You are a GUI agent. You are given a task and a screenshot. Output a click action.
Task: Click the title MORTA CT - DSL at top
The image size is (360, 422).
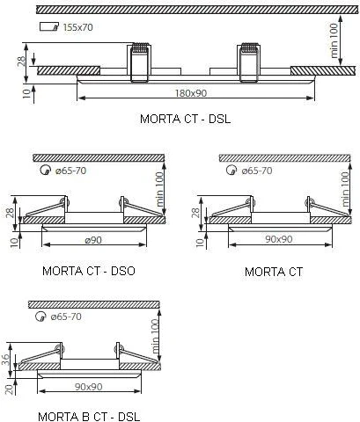click(x=185, y=119)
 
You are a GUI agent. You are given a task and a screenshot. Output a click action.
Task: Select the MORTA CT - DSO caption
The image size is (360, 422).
click(x=89, y=271)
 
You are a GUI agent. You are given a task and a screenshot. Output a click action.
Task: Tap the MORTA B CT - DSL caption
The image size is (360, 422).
click(x=89, y=417)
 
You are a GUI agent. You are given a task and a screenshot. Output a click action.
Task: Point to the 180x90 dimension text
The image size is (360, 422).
click(x=191, y=93)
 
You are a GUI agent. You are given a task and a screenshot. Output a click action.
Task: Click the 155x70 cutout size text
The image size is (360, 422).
click(x=78, y=27)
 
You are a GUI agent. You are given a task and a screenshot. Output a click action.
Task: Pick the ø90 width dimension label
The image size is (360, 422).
click(x=93, y=240)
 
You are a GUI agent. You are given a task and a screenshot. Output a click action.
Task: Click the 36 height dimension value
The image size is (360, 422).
click(x=6, y=360)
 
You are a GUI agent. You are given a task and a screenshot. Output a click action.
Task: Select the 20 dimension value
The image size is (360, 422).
click(x=10, y=389)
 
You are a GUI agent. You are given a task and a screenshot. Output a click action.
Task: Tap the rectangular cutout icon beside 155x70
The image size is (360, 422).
click(x=49, y=26)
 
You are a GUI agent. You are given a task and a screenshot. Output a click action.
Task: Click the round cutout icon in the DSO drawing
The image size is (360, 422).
click(x=44, y=171)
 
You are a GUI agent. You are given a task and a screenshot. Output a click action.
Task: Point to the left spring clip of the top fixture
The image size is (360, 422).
click(x=139, y=62)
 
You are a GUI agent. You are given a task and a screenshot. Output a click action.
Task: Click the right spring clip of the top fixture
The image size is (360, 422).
click(x=249, y=62)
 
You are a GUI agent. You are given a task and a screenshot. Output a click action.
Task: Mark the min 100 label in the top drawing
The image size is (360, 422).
click(x=334, y=40)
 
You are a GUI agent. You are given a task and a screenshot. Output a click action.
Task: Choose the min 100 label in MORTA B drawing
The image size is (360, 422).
click(x=155, y=337)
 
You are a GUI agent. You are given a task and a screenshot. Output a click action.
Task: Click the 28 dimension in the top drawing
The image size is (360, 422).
click(x=21, y=61)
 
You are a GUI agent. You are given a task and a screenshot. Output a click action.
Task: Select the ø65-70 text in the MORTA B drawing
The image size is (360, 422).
click(x=66, y=316)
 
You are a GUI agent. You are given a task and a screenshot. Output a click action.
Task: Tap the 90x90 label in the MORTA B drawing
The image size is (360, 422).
click(x=89, y=387)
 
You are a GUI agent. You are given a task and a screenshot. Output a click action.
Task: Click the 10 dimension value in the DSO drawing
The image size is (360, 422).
click(x=14, y=243)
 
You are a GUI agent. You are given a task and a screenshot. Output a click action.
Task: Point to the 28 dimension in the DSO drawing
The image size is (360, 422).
click(x=11, y=213)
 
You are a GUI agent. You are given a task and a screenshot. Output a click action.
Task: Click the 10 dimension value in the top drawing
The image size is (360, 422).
click(x=26, y=93)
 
